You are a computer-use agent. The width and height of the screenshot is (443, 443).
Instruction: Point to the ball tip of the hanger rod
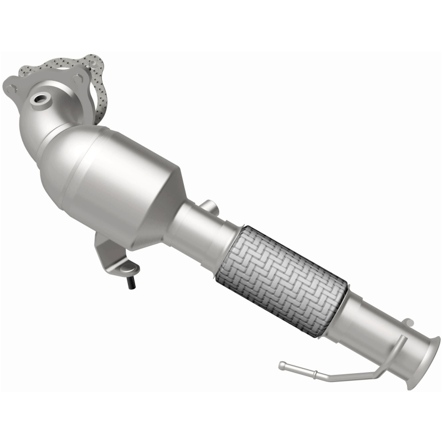click(282, 365)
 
